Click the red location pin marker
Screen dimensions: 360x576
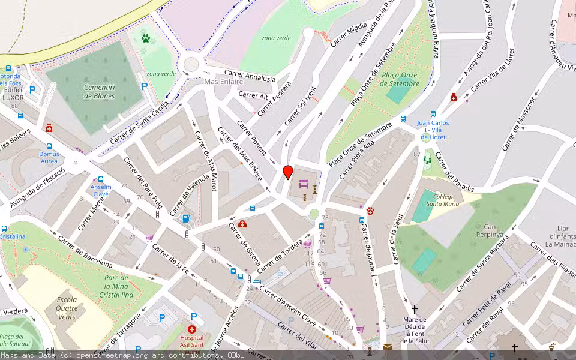click(x=288, y=172)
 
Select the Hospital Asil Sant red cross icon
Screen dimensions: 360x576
click(x=192, y=329)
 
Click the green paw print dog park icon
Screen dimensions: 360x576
click(x=146, y=39)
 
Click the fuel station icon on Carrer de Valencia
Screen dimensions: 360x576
click(x=187, y=219)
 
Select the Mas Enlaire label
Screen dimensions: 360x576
click(x=224, y=81)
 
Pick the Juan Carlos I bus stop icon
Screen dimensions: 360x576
click(x=434, y=114)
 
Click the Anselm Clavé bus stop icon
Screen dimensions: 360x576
click(x=100, y=179)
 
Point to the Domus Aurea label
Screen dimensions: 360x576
click(x=49, y=157)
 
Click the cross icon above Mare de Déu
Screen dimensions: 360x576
click(x=415, y=310)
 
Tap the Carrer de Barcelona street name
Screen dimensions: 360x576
click(x=85, y=251)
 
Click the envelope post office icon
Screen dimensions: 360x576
click(x=388, y=347)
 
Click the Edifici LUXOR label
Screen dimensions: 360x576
click(x=13, y=93)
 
